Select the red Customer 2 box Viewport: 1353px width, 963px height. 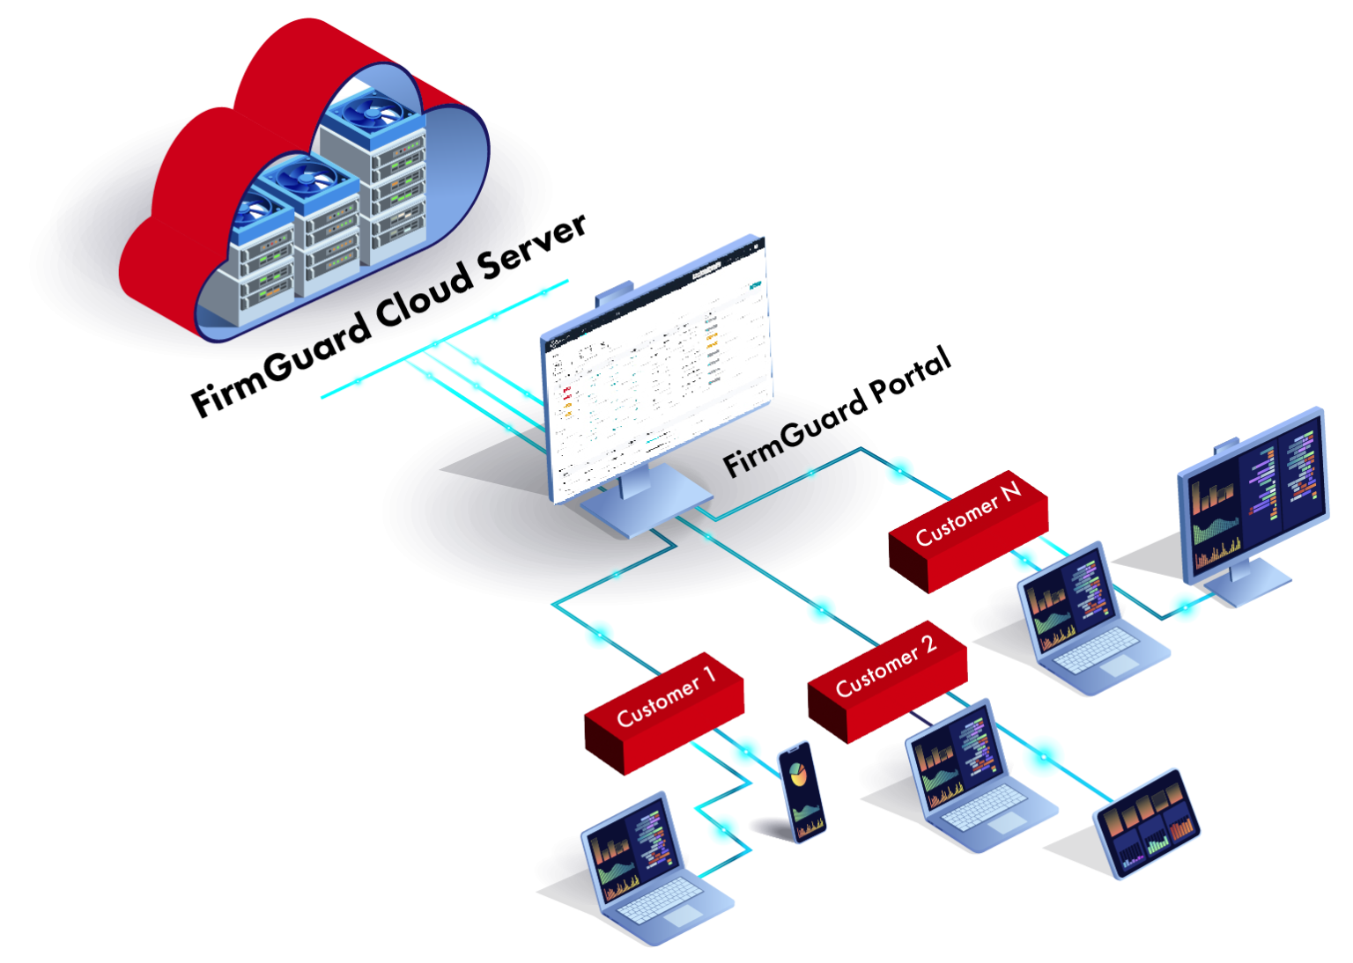coord(887,679)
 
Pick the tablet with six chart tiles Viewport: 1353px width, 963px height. coord(1148,822)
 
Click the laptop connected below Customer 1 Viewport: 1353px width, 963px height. coord(647,867)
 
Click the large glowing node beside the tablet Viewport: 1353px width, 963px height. coord(1043,755)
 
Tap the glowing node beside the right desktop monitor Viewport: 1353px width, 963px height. coord(1186,606)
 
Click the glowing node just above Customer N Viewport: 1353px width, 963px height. coord(899,470)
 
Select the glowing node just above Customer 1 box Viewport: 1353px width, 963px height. coord(599,633)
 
